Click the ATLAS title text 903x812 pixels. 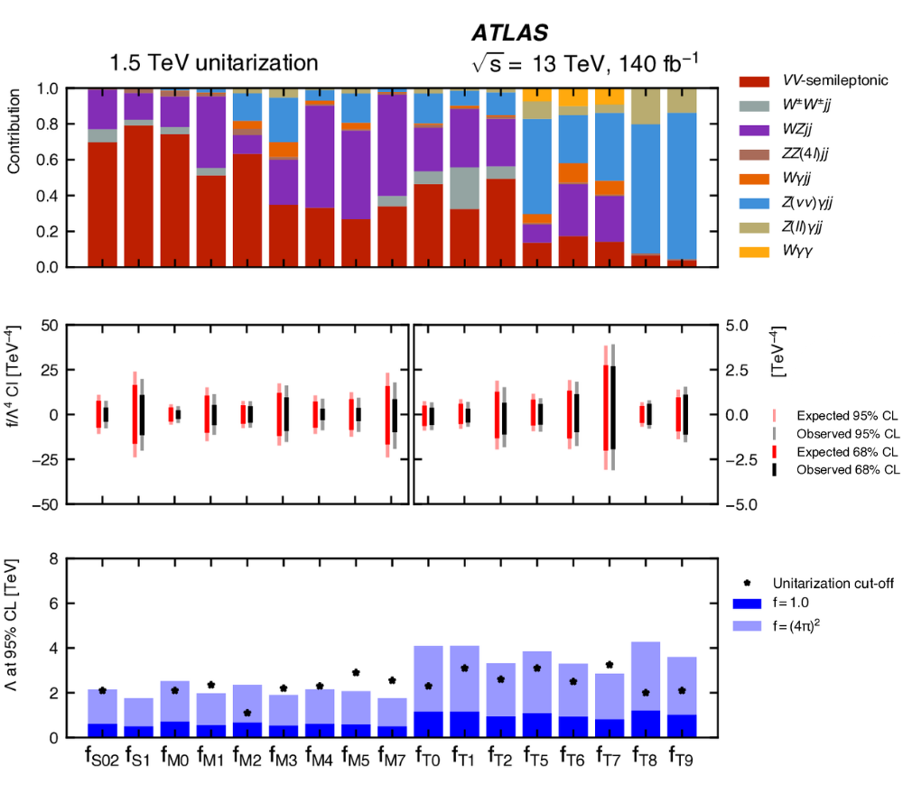coord(509,33)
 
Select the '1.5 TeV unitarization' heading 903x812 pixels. coord(214,63)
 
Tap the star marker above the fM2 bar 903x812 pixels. coord(247,713)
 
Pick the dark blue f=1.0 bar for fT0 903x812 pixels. coord(428,724)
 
